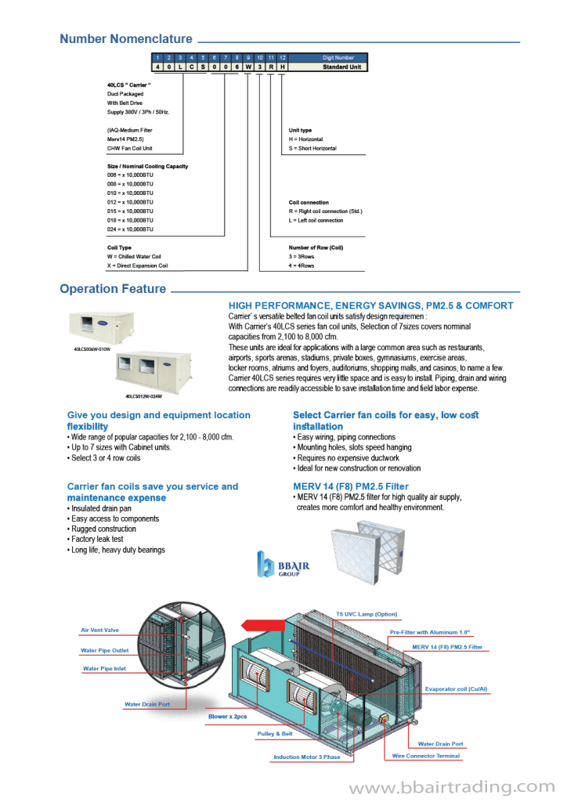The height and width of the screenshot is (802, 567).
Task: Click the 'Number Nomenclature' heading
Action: point(126,39)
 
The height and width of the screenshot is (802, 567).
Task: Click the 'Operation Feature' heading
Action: point(113,289)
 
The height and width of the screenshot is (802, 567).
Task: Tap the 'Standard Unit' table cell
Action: point(341,67)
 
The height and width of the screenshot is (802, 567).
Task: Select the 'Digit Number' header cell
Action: point(338,57)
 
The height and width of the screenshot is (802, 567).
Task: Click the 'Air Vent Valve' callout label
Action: point(99,630)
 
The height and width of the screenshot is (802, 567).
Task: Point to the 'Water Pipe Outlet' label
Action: point(104,650)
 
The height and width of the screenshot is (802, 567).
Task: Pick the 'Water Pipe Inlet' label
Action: point(104,669)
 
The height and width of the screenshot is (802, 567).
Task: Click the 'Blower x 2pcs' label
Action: point(227,717)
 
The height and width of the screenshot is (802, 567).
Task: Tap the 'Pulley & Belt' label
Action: point(275,734)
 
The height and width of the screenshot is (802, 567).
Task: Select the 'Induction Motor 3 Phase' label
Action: point(307,757)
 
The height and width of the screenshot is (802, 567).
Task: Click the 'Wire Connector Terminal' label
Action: point(426,756)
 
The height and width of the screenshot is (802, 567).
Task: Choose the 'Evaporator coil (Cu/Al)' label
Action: point(456,689)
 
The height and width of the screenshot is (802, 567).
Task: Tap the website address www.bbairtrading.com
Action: point(451,786)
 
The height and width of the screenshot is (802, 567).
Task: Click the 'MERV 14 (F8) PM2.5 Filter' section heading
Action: point(351,486)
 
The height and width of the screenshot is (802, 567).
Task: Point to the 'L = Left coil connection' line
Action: point(316,221)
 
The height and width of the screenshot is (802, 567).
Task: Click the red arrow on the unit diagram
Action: point(258,624)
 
